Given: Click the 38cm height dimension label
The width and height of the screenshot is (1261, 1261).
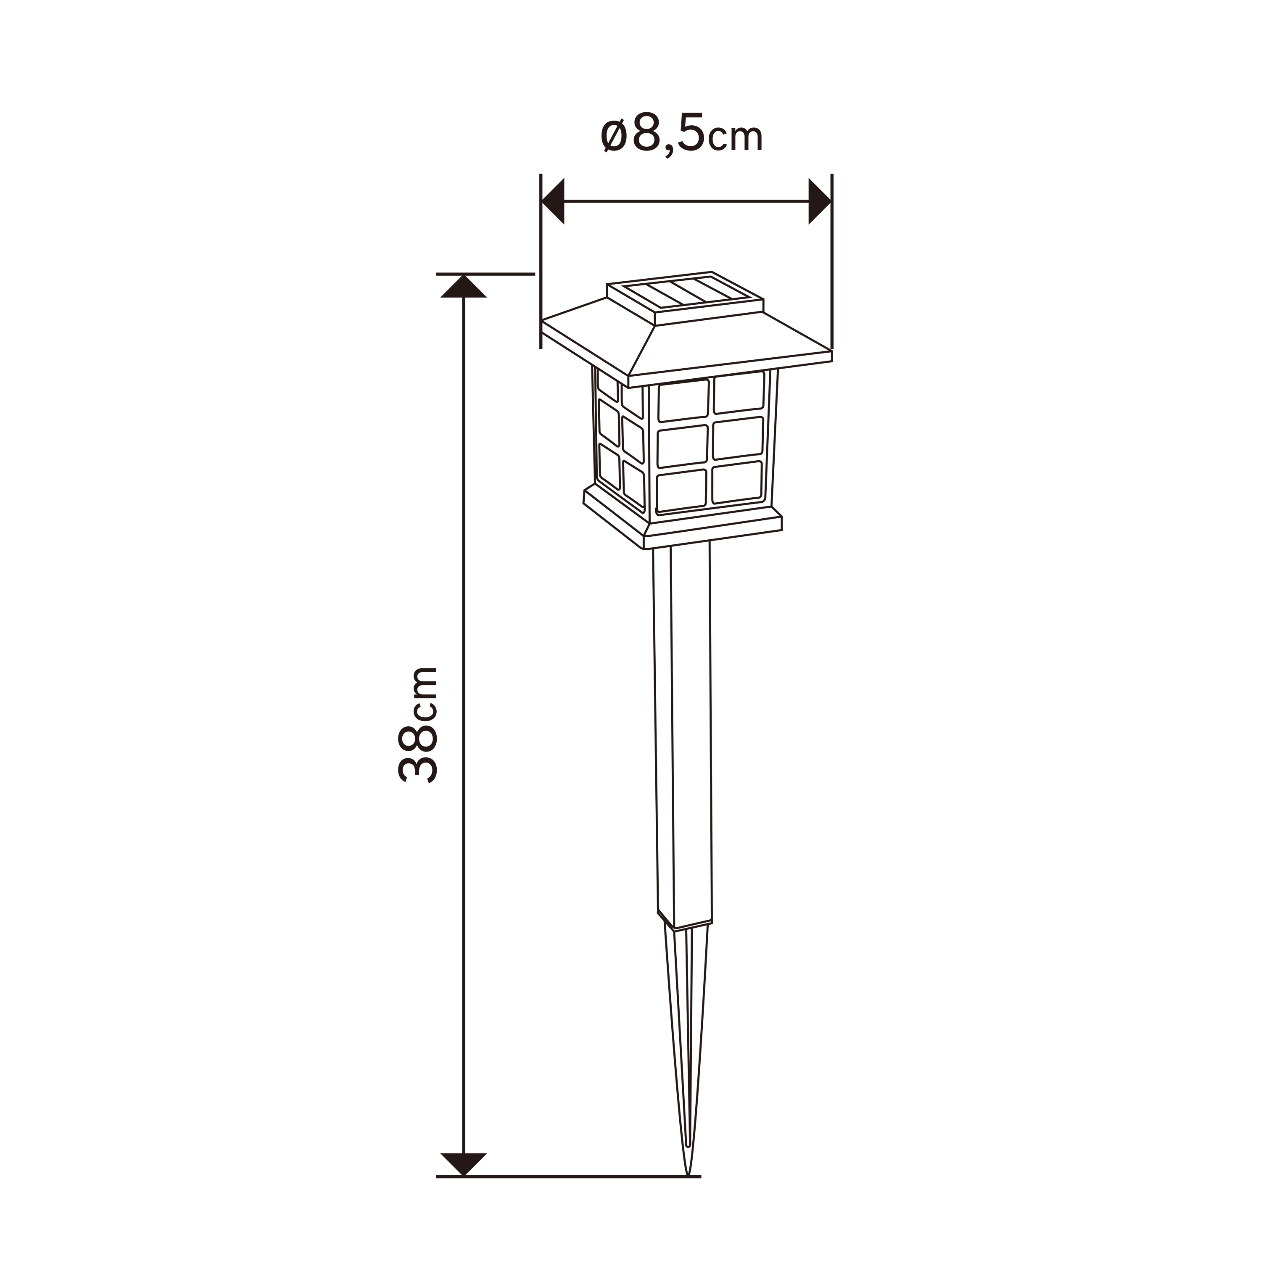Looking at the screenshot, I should point(418,725).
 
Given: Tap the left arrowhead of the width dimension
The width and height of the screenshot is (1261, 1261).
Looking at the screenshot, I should point(554,202).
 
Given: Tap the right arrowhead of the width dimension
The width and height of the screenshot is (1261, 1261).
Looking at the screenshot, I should point(820,202).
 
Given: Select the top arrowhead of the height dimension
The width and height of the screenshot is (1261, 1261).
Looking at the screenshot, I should point(463,287).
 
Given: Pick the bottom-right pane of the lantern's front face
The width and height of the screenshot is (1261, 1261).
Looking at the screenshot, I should point(738,483).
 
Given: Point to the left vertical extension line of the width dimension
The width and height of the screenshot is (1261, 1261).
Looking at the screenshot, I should point(541,261).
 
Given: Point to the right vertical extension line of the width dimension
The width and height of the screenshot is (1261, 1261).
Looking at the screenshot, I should point(832,261).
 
